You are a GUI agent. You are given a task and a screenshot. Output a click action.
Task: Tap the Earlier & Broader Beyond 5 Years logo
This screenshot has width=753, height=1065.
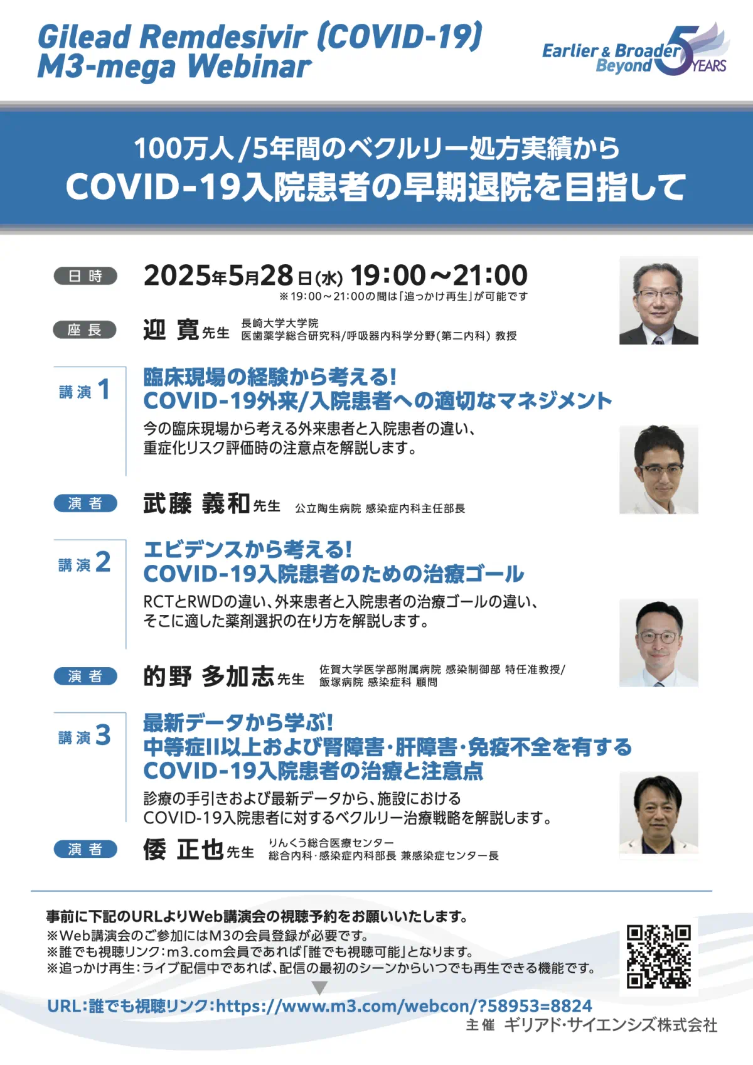click(x=636, y=50)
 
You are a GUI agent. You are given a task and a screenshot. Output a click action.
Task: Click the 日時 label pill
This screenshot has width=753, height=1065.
click(x=85, y=276)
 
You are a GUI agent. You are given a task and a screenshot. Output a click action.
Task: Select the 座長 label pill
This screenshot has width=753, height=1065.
click(x=85, y=329)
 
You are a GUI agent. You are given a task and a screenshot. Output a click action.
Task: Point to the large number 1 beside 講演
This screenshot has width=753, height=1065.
click(x=104, y=389)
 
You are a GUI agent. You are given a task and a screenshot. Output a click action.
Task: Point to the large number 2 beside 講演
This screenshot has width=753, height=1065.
click(x=103, y=562)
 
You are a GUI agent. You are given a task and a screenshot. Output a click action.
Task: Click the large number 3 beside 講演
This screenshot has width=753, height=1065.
click(x=103, y=735)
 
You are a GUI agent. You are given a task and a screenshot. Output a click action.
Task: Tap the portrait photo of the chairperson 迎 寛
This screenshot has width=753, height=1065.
click(x=658, y=301)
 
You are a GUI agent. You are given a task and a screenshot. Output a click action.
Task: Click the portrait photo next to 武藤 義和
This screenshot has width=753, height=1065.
click(x=658, y=469)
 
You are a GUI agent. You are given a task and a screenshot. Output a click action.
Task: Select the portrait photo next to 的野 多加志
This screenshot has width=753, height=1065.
click(x=658, y=643)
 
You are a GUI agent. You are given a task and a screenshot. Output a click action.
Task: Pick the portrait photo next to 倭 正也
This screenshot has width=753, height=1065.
click(x=658, y=816)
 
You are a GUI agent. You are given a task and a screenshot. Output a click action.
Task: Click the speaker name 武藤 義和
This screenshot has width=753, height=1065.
click(x=196, y=503)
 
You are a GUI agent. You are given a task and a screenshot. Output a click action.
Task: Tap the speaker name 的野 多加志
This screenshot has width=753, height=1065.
click(x=209, y=677)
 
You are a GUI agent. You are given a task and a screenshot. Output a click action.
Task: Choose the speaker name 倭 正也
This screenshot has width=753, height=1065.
click(x=183, y=850)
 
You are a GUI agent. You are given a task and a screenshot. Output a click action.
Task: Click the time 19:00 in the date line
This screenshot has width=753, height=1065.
click(x=388, y=275)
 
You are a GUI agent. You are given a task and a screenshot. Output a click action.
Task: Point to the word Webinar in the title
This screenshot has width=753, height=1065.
click(x=250, y=66)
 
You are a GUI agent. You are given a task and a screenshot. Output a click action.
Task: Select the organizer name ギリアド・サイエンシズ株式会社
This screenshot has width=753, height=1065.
click(x=611, y=1025)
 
